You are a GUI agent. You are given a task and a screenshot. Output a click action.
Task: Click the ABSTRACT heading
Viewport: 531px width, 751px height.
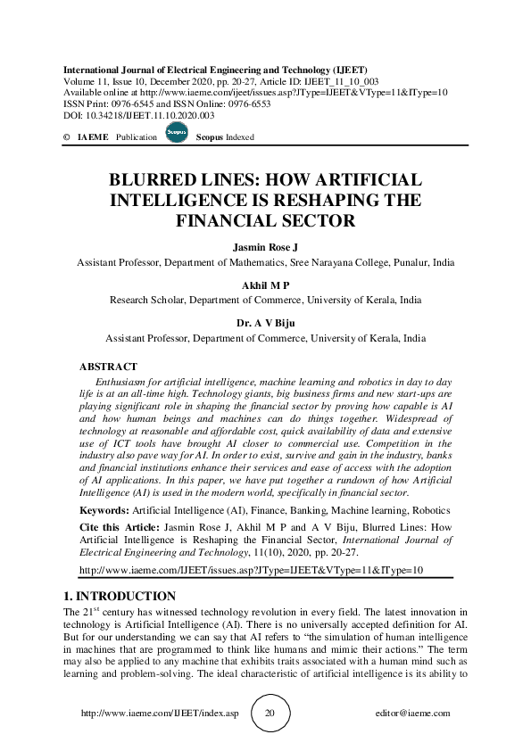coord(108,367)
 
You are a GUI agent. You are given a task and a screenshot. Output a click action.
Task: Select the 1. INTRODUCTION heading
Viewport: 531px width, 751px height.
coord(119,596)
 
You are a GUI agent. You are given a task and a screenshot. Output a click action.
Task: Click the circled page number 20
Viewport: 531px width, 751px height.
coord(270,714)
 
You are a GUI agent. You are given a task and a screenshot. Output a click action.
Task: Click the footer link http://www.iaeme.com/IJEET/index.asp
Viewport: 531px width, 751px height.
coord(160,714)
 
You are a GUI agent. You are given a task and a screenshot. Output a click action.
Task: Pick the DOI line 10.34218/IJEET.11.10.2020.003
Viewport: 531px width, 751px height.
coord(139,115)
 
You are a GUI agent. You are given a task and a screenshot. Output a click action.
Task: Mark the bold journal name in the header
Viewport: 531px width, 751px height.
coord(215,70)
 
